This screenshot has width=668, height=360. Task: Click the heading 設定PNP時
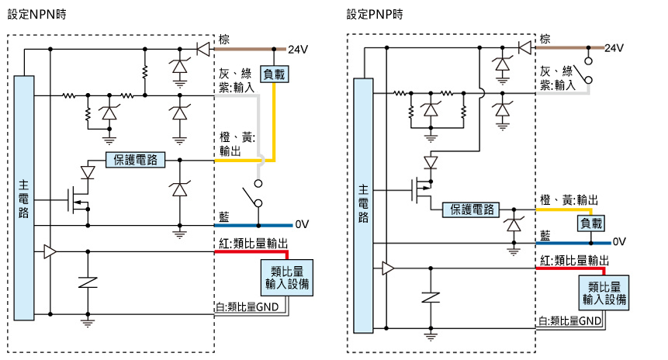tap(375, 15)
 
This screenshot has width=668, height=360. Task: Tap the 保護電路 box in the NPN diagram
tap(133, 160)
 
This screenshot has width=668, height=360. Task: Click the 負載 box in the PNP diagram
tap(591, 223)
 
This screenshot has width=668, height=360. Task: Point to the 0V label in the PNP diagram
tap(619, 241)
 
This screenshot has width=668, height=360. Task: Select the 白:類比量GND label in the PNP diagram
tap(571, 320)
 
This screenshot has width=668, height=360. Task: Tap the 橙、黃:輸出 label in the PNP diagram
tap(568, 200)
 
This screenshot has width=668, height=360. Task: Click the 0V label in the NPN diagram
tap(302, 224)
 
